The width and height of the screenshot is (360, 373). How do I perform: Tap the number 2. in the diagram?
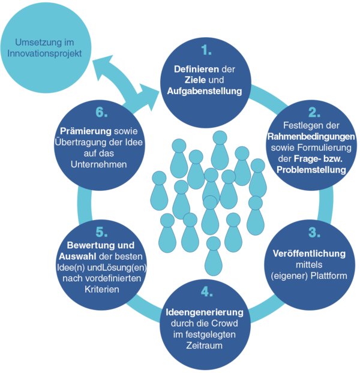click(312, 112)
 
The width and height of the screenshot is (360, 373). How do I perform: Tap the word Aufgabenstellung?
click(206, 91)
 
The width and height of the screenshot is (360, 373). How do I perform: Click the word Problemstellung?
click(311, 170)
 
